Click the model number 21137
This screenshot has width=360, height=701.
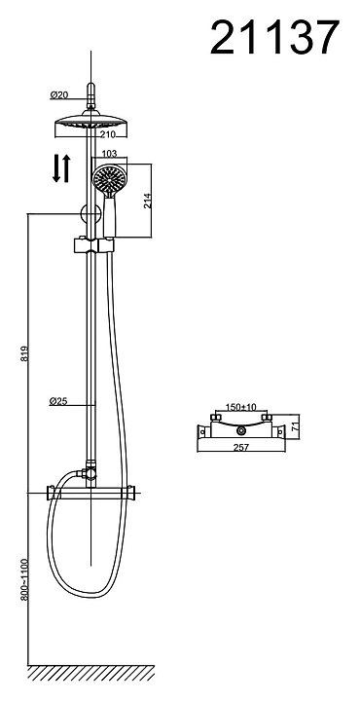(x=274, y=38)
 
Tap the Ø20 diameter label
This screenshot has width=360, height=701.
(x=58, y=94)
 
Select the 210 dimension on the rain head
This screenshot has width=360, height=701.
(x=108, y=133)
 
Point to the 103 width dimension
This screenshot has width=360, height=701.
(x=109, y=154)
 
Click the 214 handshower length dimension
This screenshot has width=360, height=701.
(x=148, y=201)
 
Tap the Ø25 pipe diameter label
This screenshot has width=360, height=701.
(x=58, y=401)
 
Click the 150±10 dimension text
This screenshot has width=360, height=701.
(x=240, y=407)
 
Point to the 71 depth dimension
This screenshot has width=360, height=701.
(x=295, y=426)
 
